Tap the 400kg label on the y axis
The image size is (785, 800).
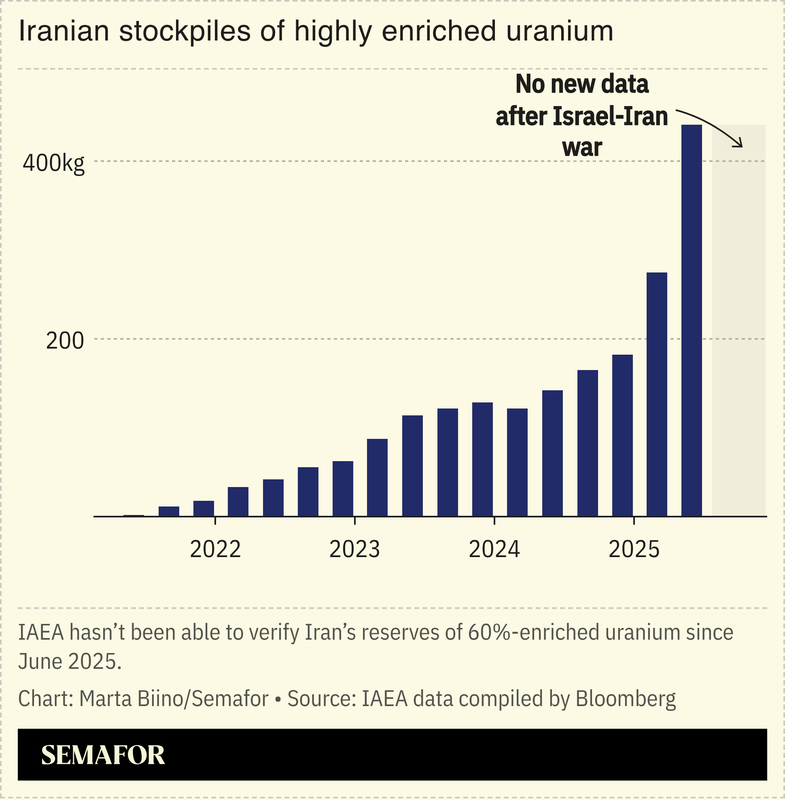coord(53,164)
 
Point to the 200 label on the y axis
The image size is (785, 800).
coord(65,341)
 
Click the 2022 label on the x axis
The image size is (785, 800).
coord(215,549)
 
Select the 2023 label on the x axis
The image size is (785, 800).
coord(354,549)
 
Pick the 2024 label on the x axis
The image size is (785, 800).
coord(494,549)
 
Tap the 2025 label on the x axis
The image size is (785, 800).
coord(634,549)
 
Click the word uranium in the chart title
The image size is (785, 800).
coord(560,31)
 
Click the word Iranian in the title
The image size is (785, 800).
coord(64,31)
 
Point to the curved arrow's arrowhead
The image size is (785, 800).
coord(740,145)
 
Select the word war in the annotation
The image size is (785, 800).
coord(582,147)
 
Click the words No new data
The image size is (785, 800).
coord(582,84)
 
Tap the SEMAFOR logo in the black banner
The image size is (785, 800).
coord(103,755)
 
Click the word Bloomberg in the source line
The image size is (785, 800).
coord(626,699)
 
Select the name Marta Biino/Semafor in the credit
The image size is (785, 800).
coord(174,699)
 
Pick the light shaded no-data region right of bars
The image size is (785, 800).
coord(738,330)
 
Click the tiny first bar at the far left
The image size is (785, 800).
coord(134,515)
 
